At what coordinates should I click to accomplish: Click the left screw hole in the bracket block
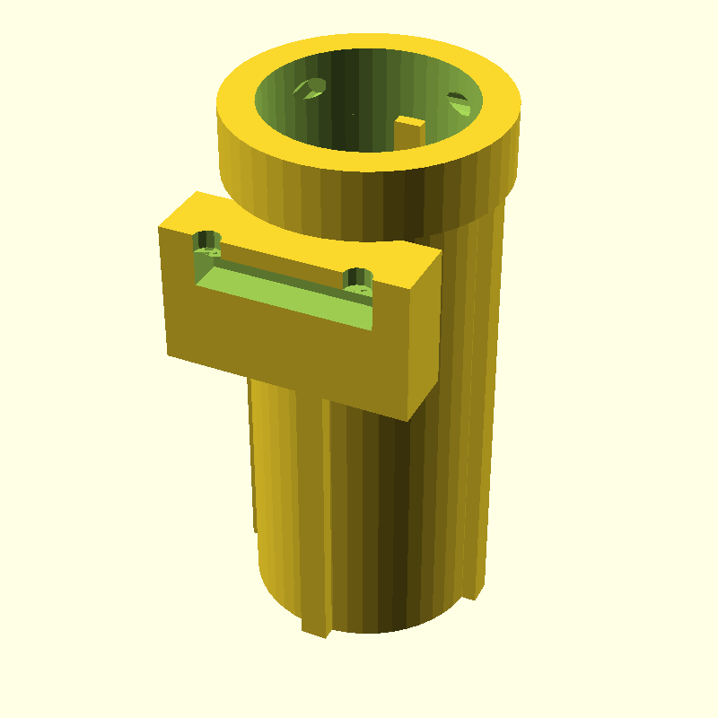click(x=208, y=241)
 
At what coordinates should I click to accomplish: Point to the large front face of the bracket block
click(x=287, y=350)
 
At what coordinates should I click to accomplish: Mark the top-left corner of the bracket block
click(x=160, y=228)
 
